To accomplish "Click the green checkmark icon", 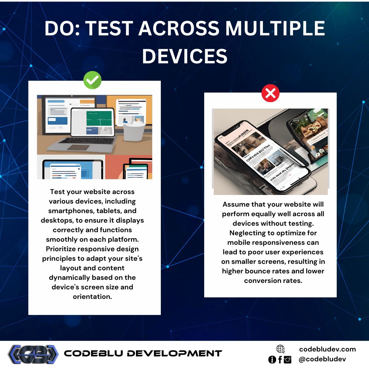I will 92,80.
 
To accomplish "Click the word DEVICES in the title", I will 184,56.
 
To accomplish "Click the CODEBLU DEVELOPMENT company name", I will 143,353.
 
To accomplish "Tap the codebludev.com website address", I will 327,349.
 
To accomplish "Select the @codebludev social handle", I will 322,359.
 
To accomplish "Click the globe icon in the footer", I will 280,349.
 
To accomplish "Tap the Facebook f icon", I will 280,359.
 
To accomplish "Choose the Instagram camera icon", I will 288,359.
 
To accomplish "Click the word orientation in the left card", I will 92,297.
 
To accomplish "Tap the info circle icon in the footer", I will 272,359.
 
